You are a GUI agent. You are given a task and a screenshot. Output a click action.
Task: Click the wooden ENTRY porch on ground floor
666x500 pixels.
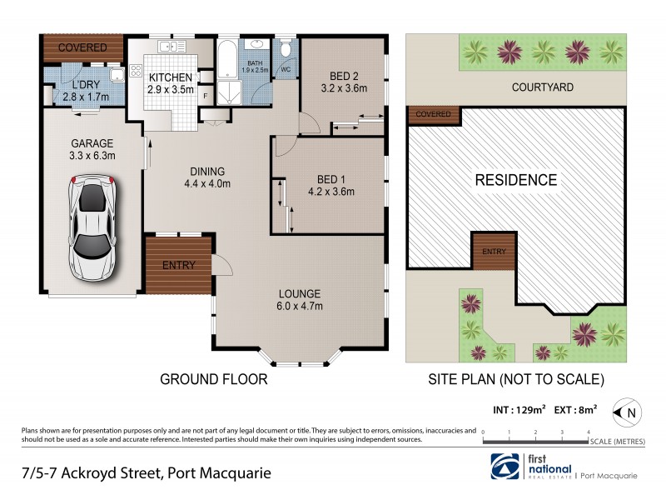coord(177,265)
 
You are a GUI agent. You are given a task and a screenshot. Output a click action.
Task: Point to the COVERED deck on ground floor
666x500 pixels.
coord(82,47)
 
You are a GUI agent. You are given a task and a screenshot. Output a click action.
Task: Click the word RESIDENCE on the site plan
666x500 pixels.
coord(515,179)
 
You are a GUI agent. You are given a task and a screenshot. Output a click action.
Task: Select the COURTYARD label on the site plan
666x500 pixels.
coord(540,87)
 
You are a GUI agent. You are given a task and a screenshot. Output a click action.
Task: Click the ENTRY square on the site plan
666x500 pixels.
coord(494,251)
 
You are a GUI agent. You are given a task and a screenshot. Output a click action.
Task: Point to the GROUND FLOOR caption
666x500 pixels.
coord(214,380)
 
